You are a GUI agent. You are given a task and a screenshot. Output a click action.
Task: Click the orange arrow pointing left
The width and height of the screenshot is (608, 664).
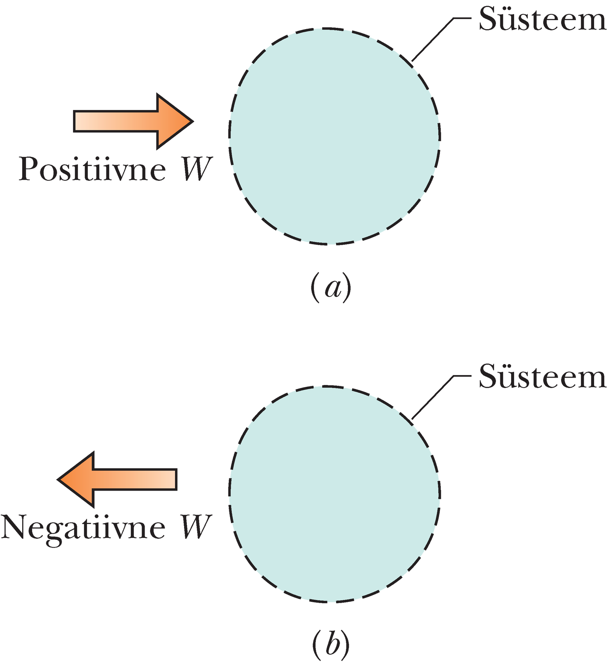[117, 479]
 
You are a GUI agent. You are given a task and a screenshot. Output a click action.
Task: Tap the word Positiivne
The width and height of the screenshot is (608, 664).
[92, 169]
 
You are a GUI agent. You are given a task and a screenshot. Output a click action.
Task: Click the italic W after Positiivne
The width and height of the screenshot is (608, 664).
[196, 169]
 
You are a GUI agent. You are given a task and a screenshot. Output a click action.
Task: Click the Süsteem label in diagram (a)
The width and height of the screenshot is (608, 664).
[542, 20]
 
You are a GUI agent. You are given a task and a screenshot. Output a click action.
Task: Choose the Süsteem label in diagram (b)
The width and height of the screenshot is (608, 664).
[542, 377]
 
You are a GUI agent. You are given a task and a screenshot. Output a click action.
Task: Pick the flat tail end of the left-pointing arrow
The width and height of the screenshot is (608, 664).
[176, 479]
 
